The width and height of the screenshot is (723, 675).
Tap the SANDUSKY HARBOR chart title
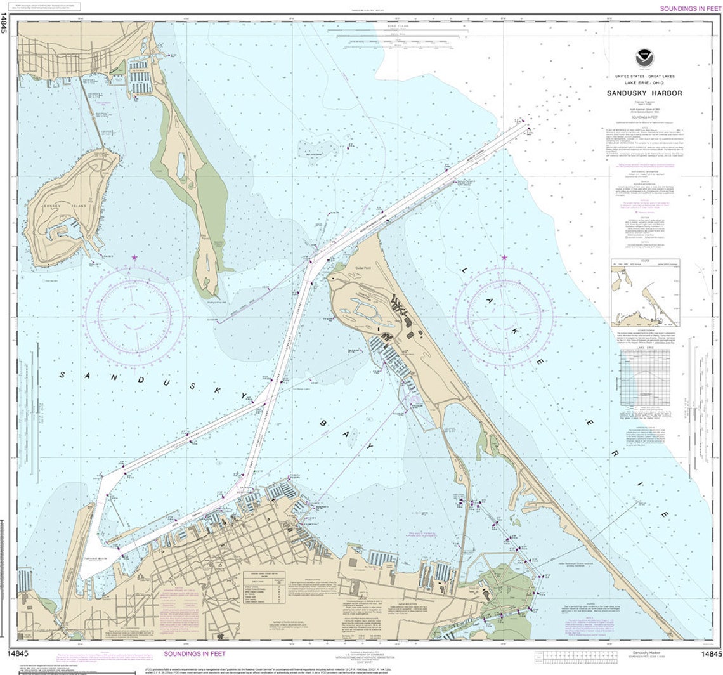[644, 93]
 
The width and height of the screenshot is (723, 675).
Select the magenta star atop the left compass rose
[134, 258]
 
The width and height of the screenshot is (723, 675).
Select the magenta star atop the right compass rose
[504, 258]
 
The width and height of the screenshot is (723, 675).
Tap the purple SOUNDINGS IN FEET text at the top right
[690, 8]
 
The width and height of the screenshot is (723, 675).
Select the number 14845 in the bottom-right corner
[709, 653]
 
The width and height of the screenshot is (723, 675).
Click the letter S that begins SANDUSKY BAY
[62, 374]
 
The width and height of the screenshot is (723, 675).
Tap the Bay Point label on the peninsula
[205, 235]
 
